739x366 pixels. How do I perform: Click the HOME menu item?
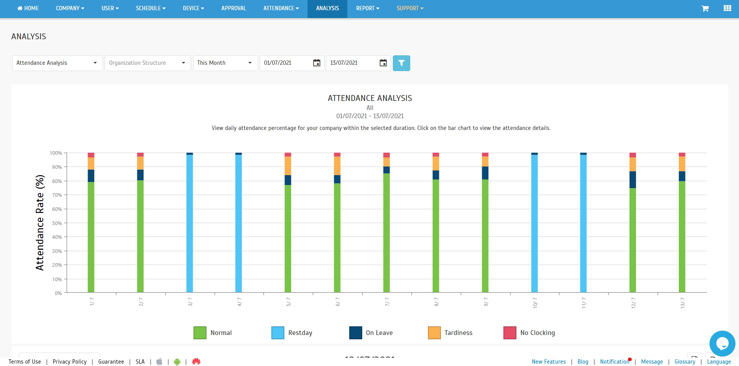coord(28,8)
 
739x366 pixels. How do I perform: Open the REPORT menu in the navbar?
coord(367,8)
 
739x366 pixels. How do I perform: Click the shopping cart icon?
coord(705,8)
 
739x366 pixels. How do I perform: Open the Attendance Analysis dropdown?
coord(57,63)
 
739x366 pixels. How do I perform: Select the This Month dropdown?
coord(225,63)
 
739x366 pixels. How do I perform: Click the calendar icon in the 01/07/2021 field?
coord(317,63)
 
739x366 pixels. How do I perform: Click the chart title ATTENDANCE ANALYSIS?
coord(370,98)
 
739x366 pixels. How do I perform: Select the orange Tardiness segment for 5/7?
coord(288,166)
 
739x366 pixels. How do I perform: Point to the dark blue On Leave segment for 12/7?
coord(632,179)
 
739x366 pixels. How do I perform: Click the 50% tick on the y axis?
coord(57,223)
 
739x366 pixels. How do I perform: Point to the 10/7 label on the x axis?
coord(535,302)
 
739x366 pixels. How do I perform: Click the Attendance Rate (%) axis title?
coord(40,223)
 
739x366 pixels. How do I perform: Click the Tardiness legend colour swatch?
coord(434,333)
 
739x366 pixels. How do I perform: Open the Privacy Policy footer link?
coord(70,362)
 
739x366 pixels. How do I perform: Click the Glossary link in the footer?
coord(685,362)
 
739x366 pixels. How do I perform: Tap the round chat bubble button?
coord(722,343)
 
